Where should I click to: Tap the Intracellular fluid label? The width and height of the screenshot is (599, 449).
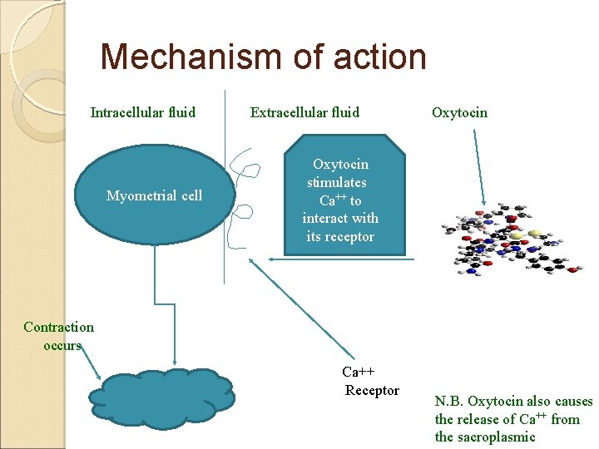pos(143,111)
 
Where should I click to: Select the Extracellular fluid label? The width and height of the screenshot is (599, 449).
pos(304,111)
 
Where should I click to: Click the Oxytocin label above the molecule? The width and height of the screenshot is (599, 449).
pos(459,111)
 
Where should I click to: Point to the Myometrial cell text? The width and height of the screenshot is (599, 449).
pos(154,195)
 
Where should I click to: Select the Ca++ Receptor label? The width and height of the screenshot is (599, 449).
pos(371,382)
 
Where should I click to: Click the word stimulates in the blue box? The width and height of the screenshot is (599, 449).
pos(336,182)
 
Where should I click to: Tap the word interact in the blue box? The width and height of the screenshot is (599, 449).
pos(325,218)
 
